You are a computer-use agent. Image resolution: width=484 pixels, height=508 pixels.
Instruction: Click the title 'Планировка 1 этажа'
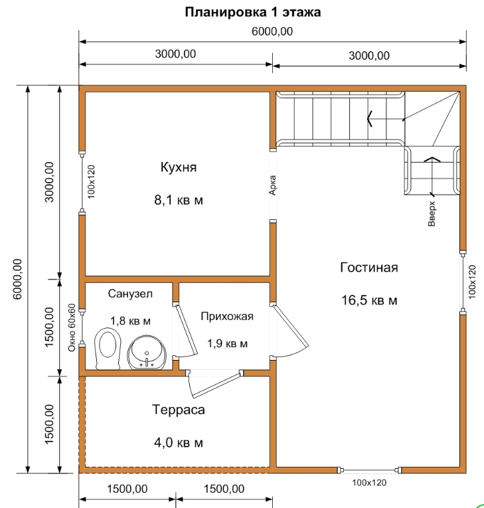253,12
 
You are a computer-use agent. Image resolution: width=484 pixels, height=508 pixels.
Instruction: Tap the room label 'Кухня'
179,167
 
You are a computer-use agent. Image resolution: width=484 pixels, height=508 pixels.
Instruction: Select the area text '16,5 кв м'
369,300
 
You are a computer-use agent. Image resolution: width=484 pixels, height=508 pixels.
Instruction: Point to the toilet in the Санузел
108,349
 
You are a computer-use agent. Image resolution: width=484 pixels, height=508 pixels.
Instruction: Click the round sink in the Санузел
147,353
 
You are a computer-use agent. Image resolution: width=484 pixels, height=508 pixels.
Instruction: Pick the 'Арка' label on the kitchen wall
272,185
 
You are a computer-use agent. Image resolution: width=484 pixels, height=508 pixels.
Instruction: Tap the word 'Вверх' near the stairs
432,214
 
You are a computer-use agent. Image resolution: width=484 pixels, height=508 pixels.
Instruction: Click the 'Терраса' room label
179,410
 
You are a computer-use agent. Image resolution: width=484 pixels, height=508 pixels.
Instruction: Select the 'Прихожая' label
227,316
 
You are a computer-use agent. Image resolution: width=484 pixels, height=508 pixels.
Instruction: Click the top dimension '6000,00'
272,31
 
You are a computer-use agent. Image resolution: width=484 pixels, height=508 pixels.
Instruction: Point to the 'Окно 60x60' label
72,327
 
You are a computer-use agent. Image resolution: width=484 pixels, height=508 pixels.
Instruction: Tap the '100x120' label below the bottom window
369,483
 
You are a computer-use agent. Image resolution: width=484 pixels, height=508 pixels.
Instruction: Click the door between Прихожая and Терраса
215,384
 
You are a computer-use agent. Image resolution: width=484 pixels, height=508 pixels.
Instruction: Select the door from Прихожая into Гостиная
289,331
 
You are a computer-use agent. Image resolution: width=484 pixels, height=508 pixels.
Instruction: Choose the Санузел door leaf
185,330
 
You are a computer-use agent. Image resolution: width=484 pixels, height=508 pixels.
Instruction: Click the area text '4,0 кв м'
179,442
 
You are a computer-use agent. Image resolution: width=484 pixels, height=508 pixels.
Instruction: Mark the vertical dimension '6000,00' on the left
17,279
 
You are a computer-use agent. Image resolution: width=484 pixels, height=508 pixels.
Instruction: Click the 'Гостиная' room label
369,268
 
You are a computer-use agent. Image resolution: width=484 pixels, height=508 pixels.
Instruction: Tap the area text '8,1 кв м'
179,201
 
